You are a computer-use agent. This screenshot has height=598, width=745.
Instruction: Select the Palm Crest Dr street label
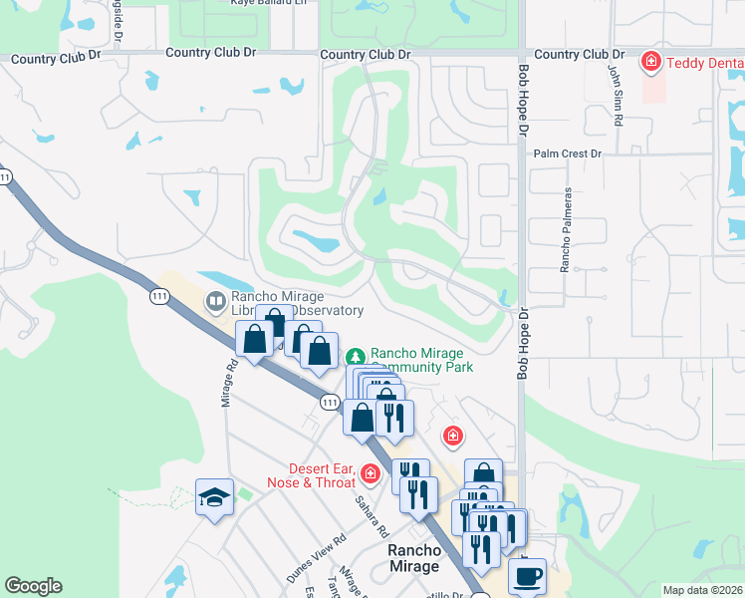(568, 153)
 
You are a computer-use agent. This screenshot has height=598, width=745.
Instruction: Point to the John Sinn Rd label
(617, 95)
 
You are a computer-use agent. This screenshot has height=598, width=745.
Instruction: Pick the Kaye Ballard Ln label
(241, 3)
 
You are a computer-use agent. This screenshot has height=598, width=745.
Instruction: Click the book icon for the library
(215, 300)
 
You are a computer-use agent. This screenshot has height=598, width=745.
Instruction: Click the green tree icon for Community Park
(355, 356)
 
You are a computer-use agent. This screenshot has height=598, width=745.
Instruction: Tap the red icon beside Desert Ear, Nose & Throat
(372, 473)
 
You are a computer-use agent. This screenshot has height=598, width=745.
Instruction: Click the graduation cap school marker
(214, 497)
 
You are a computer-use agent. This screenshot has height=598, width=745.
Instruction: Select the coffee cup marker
(527, 575)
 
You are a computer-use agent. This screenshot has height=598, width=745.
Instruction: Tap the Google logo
(33, 586)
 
